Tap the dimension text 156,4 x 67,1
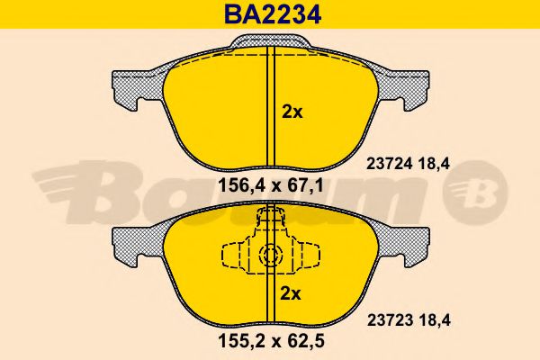pyautogui.click(x=269, y=188)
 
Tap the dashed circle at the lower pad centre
pyautogui.click(x=269, y=256)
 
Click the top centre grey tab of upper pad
pyautogui.click(x=269, y=41)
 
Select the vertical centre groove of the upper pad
pyautogui.click(x=269, y=108)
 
